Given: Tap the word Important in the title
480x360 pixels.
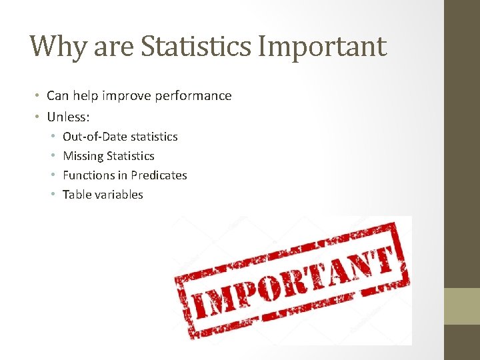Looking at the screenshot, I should [x=321, y=47].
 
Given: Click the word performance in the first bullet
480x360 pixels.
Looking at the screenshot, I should [x=193, y=96].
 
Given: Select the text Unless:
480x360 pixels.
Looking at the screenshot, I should [x=68, y=117].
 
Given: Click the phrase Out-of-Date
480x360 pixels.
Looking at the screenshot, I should [x=95, y=137].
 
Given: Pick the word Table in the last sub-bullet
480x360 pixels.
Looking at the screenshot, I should [x=75, y=195].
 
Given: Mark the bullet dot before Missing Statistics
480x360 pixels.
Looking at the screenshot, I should [x=53, y=157].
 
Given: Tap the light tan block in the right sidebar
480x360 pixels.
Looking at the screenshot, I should [x=462, y=306].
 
